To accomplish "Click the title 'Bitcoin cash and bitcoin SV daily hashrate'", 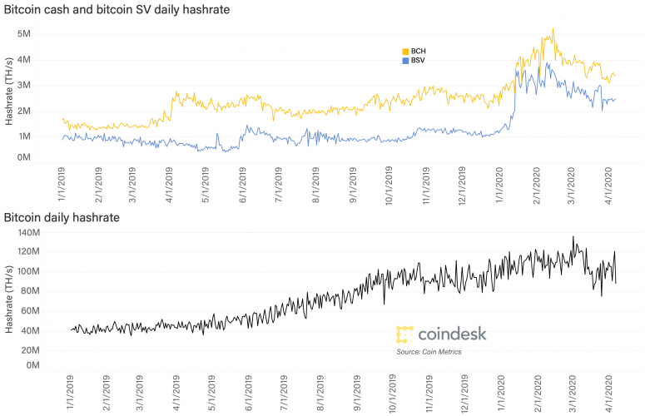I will tap(117, 9).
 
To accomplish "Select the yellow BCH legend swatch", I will tap(405, 51).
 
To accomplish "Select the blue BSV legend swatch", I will tap(405, 61).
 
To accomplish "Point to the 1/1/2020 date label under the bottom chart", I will tap(500, 392).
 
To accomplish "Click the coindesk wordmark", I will tap(453, 334).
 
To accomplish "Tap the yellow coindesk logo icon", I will tap(405, 334).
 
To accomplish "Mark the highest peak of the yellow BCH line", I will tap(552, 29).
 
